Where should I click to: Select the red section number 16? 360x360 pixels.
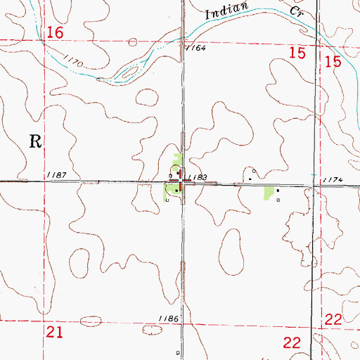(56, 33)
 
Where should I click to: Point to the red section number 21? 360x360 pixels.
(55, 332)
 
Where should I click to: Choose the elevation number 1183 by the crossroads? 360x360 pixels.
(198, 178)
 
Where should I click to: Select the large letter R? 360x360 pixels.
(36, 139)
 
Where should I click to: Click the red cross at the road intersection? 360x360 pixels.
(182, 182)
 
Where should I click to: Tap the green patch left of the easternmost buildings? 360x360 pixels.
(267, 191)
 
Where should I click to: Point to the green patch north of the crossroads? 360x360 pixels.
(178, 160)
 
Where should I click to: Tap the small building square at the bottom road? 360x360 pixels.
(178, 352)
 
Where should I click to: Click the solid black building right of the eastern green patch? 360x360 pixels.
(277, 190)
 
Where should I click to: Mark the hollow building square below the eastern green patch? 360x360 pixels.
(278, 200)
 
